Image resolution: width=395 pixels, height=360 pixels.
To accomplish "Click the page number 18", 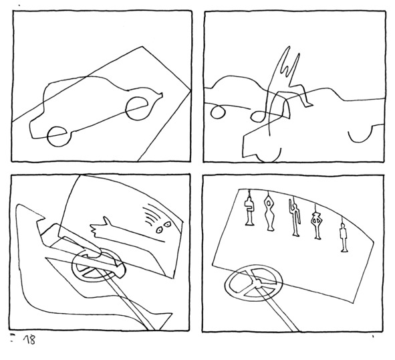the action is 29,340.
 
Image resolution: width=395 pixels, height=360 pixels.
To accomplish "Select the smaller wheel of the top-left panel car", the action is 48,137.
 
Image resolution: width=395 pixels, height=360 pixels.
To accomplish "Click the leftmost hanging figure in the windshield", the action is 249,211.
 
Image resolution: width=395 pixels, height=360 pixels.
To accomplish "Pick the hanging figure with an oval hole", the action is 269,212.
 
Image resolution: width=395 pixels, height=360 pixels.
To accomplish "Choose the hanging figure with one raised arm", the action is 295,217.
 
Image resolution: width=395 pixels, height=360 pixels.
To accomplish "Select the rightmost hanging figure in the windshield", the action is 344,235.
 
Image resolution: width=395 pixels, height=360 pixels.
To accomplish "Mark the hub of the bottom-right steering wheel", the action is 257,284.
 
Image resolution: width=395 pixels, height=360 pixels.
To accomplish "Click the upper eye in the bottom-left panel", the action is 167,223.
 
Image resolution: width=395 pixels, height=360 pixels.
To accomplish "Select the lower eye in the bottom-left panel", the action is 159,230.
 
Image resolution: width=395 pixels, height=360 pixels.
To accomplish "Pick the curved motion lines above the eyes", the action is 150,215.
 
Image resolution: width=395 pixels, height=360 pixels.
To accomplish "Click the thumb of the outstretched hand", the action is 106,220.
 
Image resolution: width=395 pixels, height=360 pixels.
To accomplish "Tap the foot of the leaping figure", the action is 309,104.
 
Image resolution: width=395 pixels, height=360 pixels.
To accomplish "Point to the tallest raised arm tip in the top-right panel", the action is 289,47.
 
